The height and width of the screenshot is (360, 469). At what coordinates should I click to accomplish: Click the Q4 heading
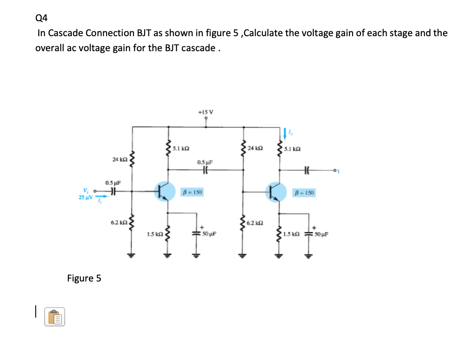(41, 18)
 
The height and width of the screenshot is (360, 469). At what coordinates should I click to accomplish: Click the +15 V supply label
(206, 112)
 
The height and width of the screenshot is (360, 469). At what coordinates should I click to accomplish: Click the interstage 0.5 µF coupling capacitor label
(205, 162)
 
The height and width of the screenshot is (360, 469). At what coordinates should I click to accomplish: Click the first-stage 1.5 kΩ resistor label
(155, 233)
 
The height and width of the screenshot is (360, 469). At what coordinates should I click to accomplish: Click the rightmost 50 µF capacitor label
(321, 233)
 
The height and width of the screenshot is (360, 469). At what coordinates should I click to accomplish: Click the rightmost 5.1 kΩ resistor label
(293, 149)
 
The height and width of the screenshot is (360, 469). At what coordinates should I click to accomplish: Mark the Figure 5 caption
(84, 278)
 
